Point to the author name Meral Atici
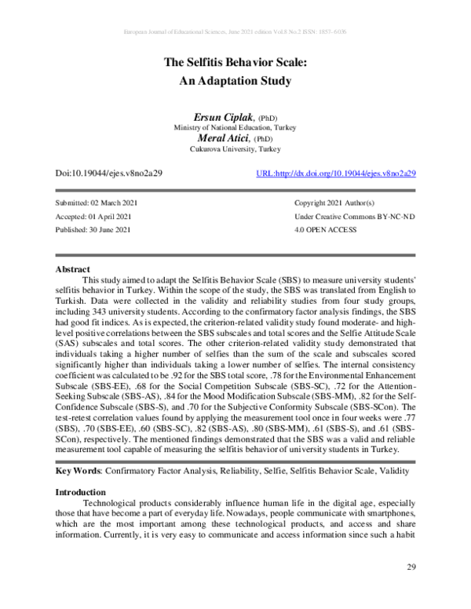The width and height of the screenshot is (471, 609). [223, 137]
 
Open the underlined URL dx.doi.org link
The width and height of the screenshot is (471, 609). [336, 173]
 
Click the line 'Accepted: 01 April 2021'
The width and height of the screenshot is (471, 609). [90, 216]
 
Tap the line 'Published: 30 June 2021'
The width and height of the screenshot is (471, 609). [91, 229]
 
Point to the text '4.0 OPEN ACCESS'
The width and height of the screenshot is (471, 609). [325, 229]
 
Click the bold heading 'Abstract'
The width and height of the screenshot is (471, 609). [72, 269]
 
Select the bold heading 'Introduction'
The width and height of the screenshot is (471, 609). [82, 492]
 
